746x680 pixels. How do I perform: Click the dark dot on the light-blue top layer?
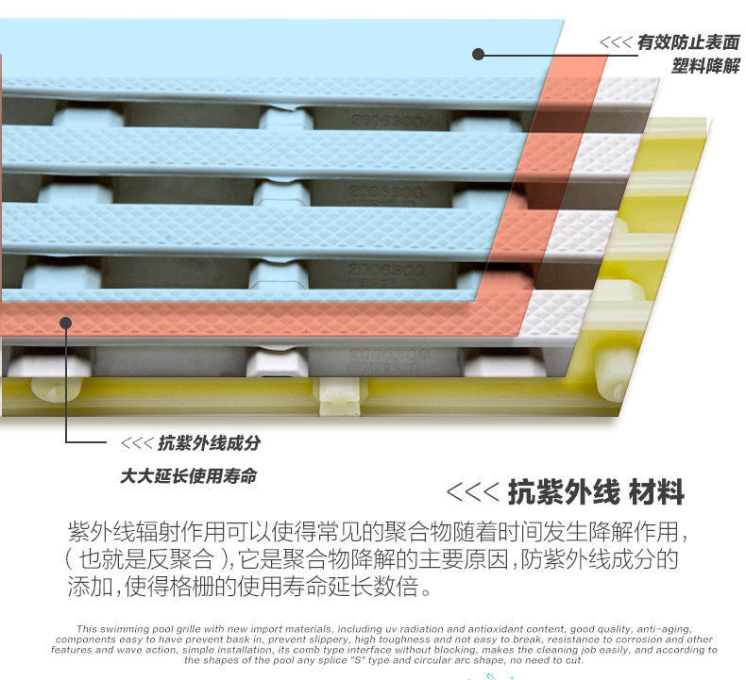479,54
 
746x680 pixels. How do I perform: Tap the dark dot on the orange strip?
65,323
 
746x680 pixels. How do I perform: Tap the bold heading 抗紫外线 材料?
596,491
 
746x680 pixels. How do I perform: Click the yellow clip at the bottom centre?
342,396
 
